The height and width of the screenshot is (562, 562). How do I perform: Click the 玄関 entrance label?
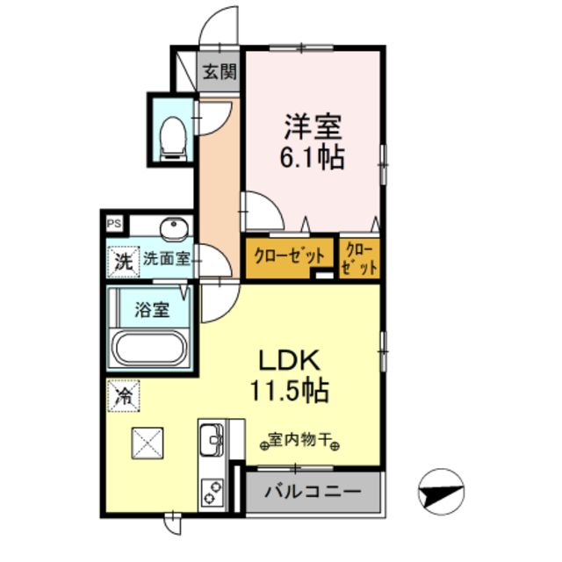coord(220,73)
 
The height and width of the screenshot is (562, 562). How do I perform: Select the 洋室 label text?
coord(312,127)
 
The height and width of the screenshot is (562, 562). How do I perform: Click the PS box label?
coord(113,224)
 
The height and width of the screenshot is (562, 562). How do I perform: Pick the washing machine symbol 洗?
coord(123,260)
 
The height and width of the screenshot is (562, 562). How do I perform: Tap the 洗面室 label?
coord(166,259)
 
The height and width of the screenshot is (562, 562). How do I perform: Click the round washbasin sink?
coord(176,230)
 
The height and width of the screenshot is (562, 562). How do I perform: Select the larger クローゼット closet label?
coord(289,256)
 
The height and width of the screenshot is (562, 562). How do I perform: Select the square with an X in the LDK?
coord(148,442)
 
